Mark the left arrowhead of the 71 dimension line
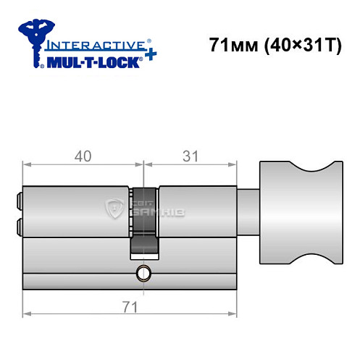[28, 313]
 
